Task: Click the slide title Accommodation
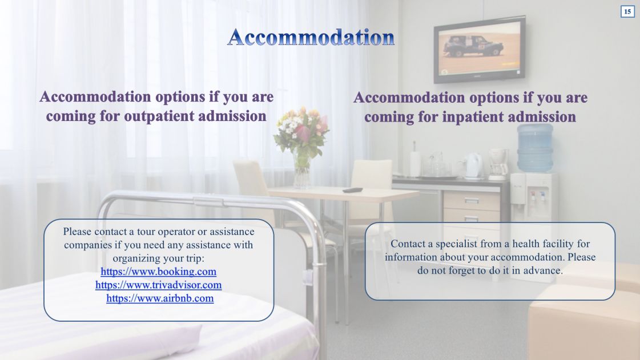(x=311, y=37)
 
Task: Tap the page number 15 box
(x=627, y=11)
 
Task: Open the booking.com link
(x=158, y=272)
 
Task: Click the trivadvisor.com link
(x=158, y=285)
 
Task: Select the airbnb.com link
(x=160, y=298)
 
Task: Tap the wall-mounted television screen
(x=479, y=49)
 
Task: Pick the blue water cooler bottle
(x=535, y=148)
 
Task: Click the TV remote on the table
(x=352, y=190)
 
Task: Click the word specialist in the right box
(x=456, y=244)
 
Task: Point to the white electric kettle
(x=473, y=165)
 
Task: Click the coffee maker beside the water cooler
(x=498, y=164)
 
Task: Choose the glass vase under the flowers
(x=301, y=172)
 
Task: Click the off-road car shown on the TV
(x=473, y=46)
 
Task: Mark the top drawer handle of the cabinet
(x=471, y=201)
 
